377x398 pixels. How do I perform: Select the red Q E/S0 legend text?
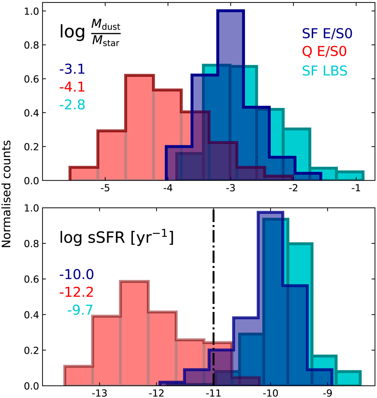[x=325, y=52]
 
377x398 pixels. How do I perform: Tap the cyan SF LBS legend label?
[x=325, y=71]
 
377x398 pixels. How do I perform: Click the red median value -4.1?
[x=72, y=87]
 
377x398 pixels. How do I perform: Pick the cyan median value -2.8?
[x=72, y=105]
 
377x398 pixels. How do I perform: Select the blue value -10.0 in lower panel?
[x=76, y=275]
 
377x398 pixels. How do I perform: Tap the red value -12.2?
[x=76, y=293]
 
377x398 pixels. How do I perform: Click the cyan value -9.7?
[x=80, y=310]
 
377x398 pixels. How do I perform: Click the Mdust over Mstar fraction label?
[x=90, y=32]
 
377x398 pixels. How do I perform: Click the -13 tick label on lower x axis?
[x=100, y=393]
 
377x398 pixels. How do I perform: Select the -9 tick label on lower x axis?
[x=328, y=393]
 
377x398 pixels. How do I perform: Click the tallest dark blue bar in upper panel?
[x=230, y=94]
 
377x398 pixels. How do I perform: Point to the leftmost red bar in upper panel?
[x=83, y=174]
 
